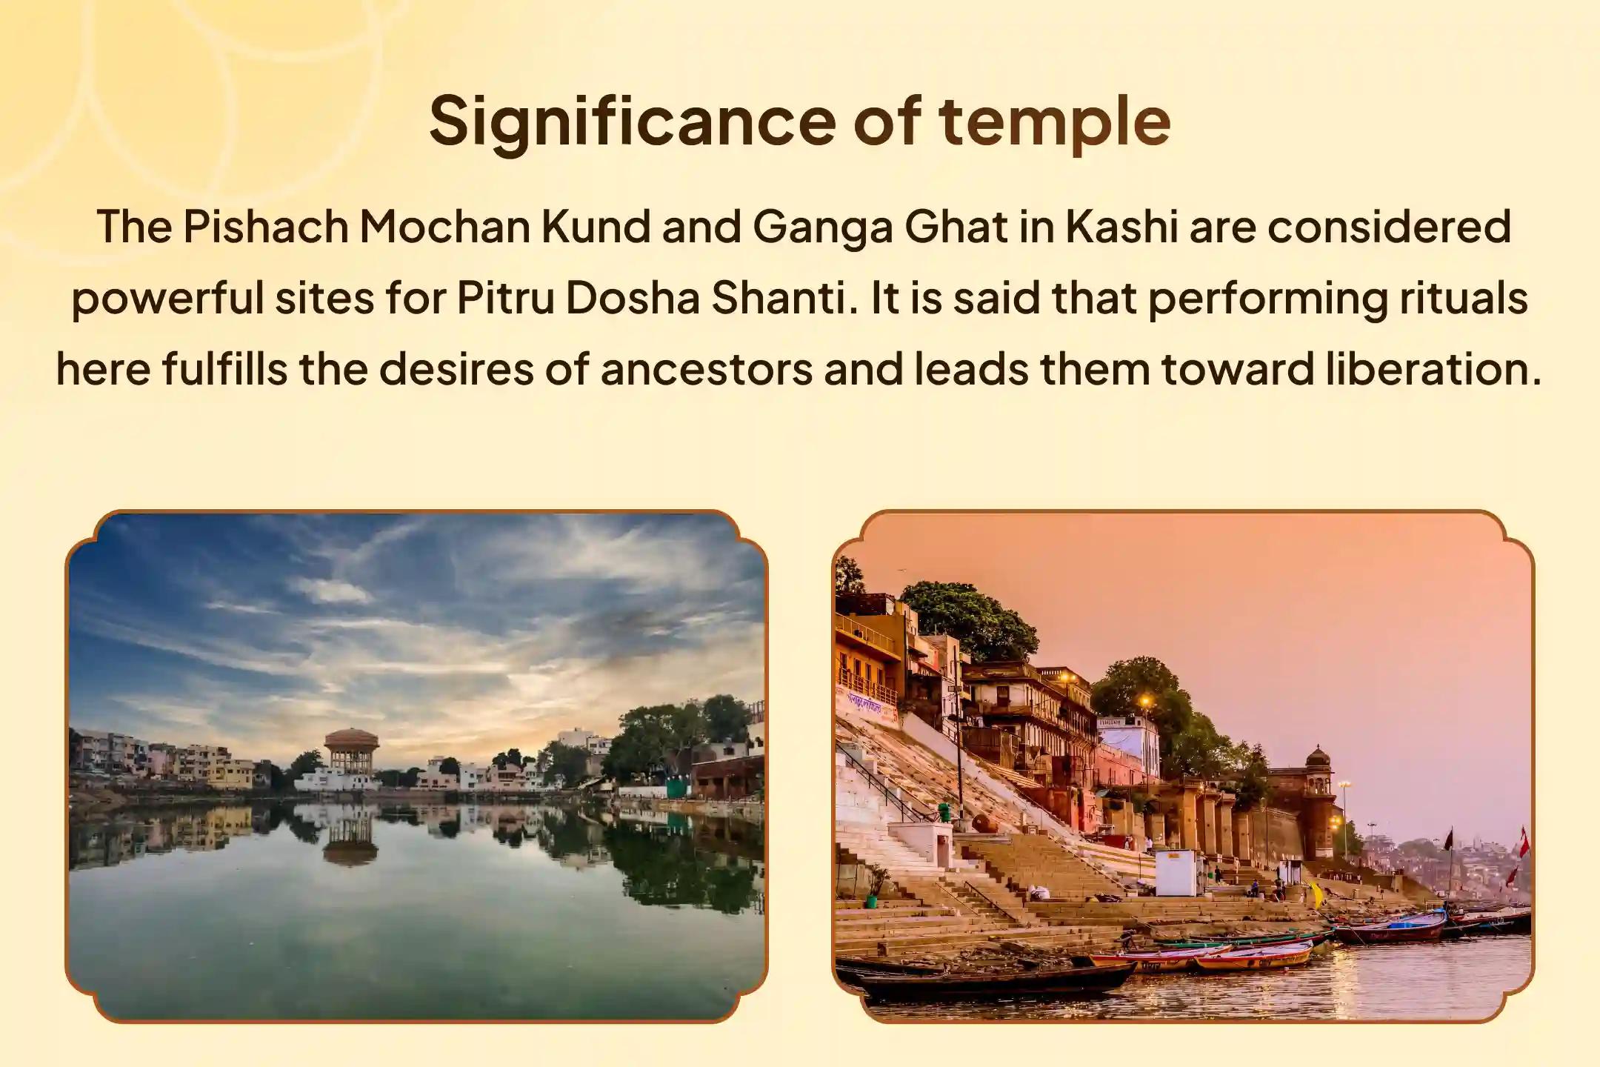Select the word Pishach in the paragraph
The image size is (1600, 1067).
(x=265, y=227)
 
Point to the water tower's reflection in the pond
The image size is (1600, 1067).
(x=350, y=837)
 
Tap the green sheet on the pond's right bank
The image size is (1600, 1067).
(x=677, y=788)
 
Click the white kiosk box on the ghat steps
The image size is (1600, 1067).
(x=1175, y=873)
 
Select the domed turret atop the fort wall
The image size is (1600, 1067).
(x=1318, y=759)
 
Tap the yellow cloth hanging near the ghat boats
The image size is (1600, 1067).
(x=1316, y=894)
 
